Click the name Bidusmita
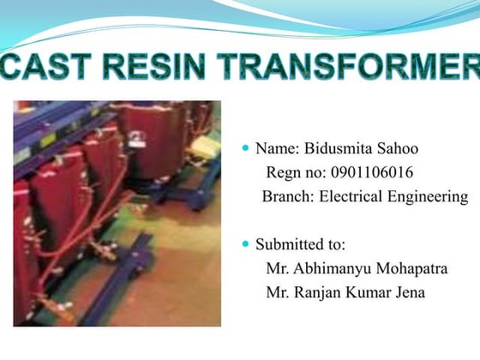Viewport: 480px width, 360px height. click(x=338, y=148)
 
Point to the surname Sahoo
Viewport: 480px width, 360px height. click(x=399, y=148)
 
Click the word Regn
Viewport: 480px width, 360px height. click(x=285, y=172)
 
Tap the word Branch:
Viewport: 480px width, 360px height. click(x=289, y=197)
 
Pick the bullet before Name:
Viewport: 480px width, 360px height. click(x=246, y=148)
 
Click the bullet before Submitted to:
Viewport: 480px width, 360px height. click(x=246, y=244)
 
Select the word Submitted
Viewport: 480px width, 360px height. click(x=291, y=244)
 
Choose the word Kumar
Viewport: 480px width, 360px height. click(x=369, y=294)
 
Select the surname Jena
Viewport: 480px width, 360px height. click(x=408, y=294)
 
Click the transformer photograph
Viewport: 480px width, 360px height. click(x=117, y=213)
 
